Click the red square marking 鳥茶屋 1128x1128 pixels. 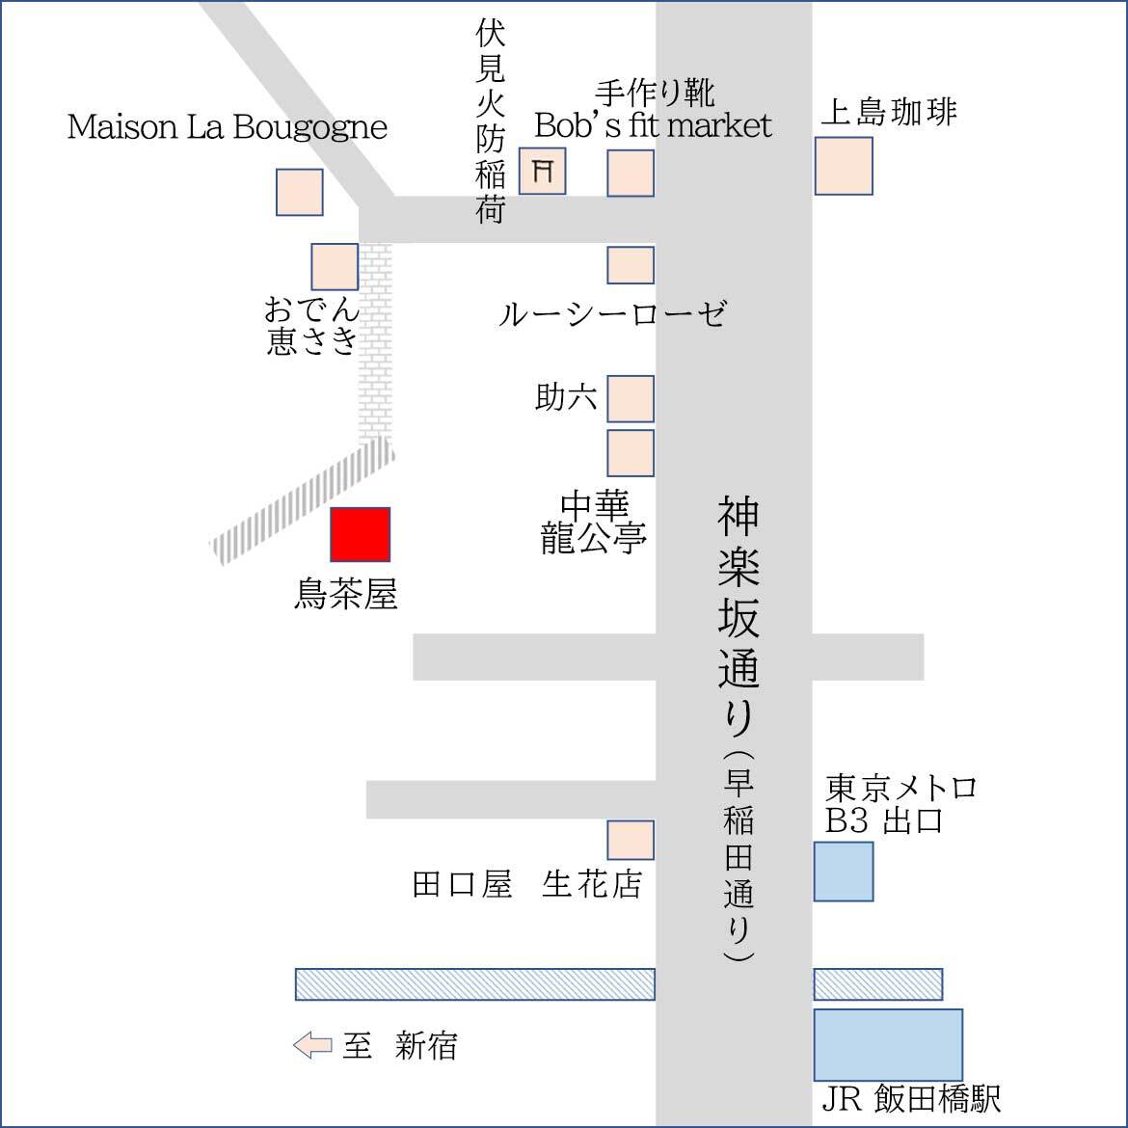coord(361,534)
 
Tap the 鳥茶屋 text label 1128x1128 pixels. coord(345,594)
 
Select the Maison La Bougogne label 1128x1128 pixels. coord(228,127)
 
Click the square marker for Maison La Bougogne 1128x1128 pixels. coord(300,192)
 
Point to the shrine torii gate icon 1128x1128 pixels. coord(543,172)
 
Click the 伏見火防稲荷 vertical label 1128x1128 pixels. coord(491,122)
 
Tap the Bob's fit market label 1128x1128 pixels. coord(654,124)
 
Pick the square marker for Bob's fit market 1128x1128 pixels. coord(631,174)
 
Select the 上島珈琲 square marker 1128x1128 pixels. coord(844,166)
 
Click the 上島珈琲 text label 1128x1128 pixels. coord(888,112)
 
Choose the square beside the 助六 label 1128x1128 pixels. coord(631,398)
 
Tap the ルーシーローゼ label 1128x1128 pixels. coord(612,313)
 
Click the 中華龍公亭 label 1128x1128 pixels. coord(593,524)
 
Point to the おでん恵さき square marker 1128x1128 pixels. coord(335,266)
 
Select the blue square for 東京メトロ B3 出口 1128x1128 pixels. coord(844,872)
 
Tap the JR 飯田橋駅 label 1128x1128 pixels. coord(911,1098)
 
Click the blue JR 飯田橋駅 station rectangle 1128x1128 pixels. coord(888,1044)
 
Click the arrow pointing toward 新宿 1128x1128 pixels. coord(312,1045)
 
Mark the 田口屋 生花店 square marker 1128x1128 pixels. coord(631,840)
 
